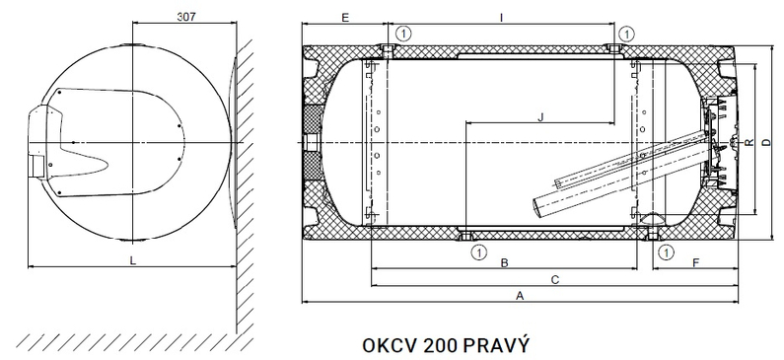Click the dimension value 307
point(186,16)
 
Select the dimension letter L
point(132,260)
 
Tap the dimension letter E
point(344,18)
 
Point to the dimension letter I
point(502,18)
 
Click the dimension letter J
point(540,117)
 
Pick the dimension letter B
point(505,262)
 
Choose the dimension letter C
point(554,279)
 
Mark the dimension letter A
point(520,296)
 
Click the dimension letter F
point(695,262)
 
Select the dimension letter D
point(766,142)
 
